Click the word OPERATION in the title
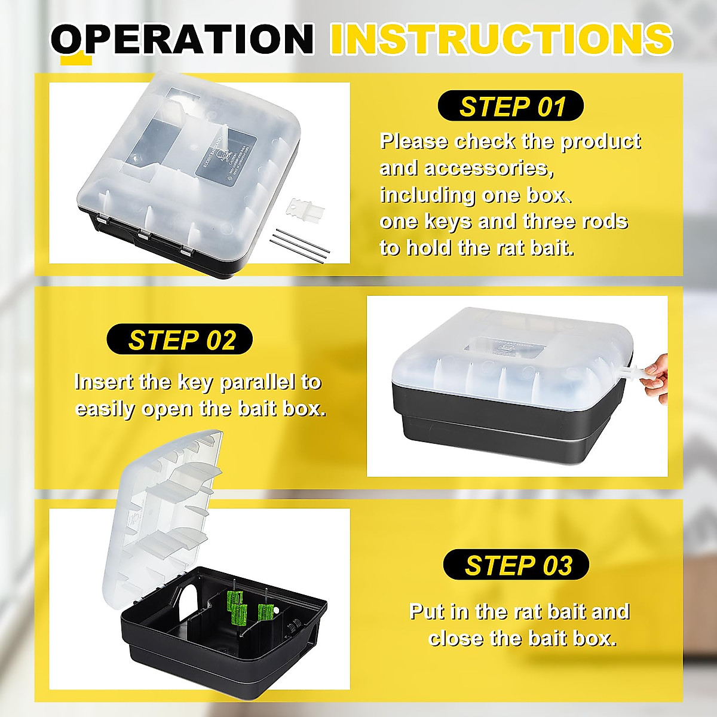[182, 39]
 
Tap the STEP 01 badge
[511, 106]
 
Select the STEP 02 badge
[180, 340]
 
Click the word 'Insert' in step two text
[103, 382]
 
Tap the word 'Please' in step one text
[414, 142]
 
